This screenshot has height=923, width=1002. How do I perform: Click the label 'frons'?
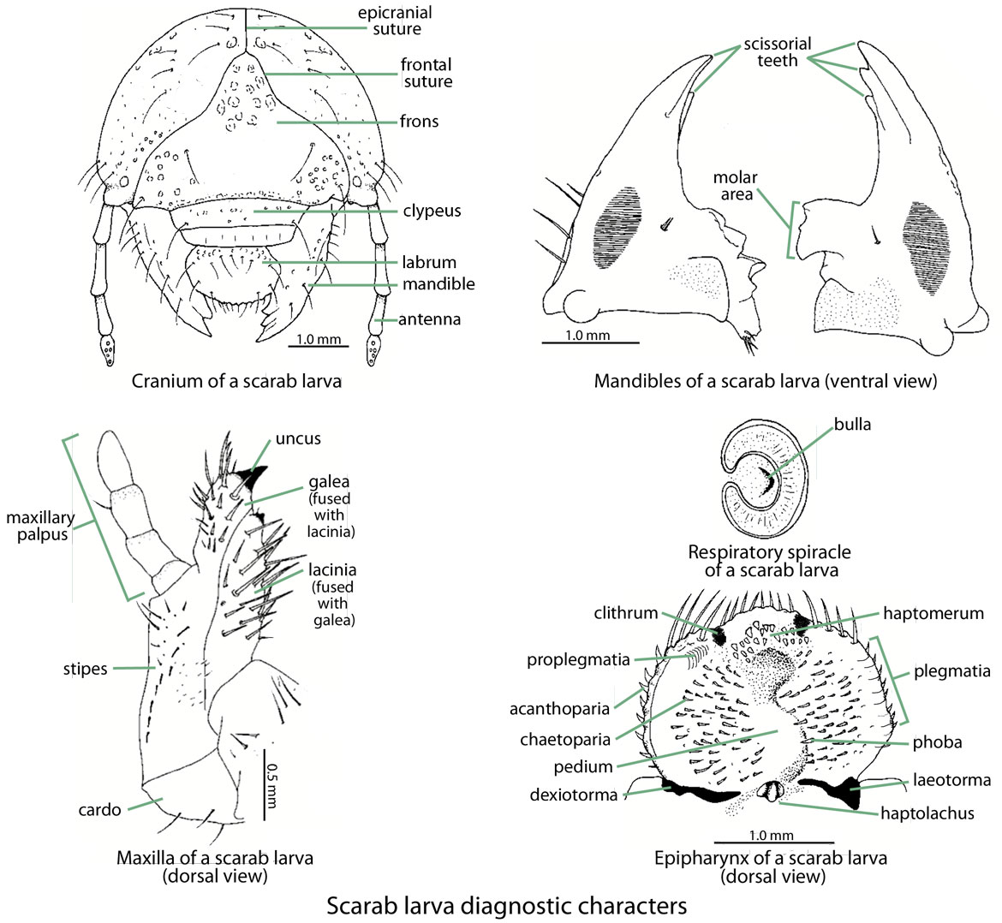pos(419,122)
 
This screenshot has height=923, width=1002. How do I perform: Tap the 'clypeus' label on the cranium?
pos(432,211)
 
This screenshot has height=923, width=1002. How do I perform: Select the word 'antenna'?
pos(432,319)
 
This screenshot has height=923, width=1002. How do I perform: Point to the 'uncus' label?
pos(298,439)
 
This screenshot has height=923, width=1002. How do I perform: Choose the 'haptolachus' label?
pos(927,813)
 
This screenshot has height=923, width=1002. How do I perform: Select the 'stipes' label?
pos(85,669)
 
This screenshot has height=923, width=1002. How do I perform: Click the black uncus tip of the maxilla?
pos(253,479)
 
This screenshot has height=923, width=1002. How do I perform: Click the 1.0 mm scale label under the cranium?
pos(318,339)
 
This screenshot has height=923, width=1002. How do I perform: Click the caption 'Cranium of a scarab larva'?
pos(236,381)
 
